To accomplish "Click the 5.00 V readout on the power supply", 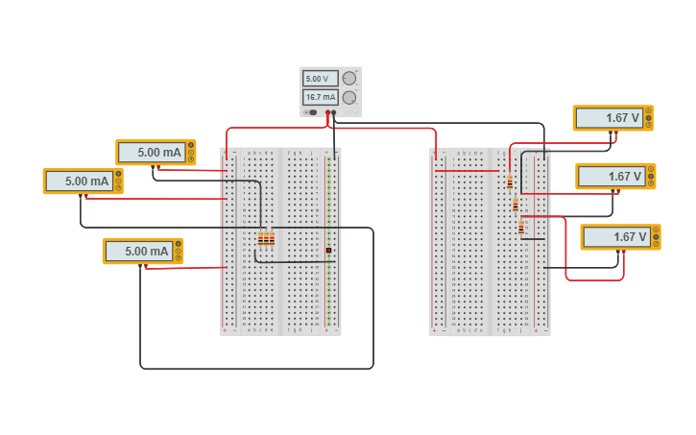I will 319,79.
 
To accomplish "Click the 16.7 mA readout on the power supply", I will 320,97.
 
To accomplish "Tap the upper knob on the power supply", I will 349,78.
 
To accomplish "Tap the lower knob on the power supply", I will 349,97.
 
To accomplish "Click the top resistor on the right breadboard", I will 510,181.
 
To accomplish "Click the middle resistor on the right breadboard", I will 516,205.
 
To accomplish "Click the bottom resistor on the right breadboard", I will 521,228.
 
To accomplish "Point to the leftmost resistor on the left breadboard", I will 260,238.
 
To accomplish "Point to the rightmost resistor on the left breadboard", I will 272,238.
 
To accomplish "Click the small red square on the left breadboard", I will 328,250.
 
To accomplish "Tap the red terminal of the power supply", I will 327,113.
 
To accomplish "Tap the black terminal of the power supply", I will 334,113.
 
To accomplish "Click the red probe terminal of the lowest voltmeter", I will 625,252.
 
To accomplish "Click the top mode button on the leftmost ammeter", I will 118,174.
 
